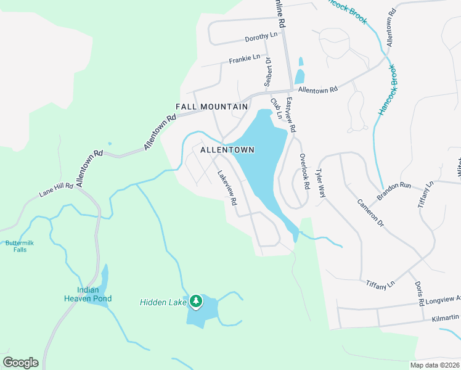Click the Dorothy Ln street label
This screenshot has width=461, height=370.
click(x=261, y=37)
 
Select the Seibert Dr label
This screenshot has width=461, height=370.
click(x=268, y=72)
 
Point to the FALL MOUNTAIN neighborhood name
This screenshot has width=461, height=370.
click(x=212, y=107)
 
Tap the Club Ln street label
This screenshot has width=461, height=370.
click(x=275, y=107)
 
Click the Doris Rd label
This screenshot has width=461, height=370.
click(x=419, y=295)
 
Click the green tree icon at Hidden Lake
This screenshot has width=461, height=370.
click(x=196, y=302)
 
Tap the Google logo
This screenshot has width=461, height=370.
click(x=20, y=363)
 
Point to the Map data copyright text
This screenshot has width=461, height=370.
click(x=434, y=365)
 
